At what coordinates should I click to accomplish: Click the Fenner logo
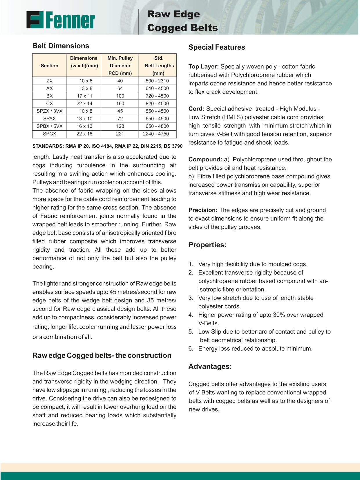click(61, 20)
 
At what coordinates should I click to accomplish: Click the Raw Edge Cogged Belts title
click(182, 21)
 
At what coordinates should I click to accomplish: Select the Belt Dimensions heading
click(61, 46)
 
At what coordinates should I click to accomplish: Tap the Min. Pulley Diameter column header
click(120, 66)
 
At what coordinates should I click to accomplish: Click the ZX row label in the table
click(50, 81)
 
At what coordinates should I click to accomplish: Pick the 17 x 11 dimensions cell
click(84, 96)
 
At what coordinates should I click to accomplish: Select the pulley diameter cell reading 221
click(120, 134)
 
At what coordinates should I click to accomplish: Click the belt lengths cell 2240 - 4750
click(158, 134)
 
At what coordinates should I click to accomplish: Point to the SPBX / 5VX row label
click(50, 126)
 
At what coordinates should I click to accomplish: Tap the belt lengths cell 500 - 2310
click(158, 81)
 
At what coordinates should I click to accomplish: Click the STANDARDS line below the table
click(107, 146)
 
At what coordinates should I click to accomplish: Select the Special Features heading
click(216, 47)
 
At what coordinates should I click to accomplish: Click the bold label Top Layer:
click(203, 66)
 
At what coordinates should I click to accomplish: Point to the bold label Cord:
click(196, 109)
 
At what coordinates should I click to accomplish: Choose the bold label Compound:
click(205, 159)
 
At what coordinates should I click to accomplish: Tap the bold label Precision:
click(203, 210)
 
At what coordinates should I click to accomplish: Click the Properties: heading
click(207, 245)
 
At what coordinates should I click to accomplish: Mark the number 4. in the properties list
click(191, 315)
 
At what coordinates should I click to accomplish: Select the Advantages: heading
click(210, 367)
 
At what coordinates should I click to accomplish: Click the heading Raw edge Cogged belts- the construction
click(102, 356)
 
